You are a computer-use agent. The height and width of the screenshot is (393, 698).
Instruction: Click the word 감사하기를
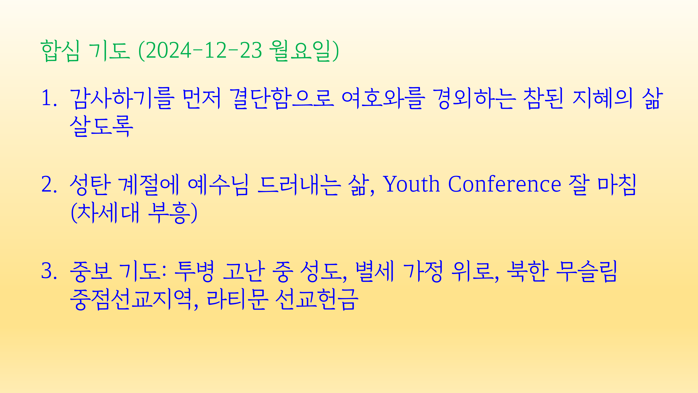pyautogui.click(x=121, y=98)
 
